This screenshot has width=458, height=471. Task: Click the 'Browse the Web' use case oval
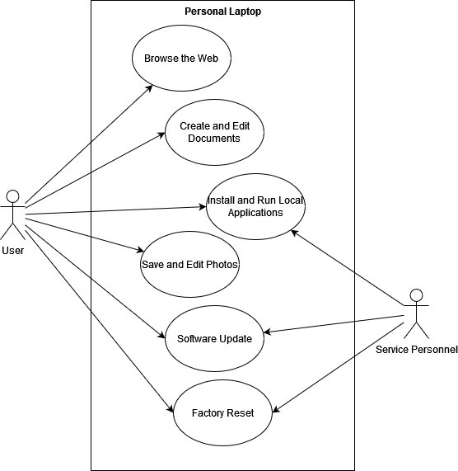click(x=181, y=59)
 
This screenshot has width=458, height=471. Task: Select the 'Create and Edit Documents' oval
click(x=214, y=132)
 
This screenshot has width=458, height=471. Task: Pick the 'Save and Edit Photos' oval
click(x=189, y=264)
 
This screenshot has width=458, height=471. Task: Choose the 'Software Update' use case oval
click(x=214, y=338)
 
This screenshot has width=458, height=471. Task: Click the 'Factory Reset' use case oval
click(x=222, y=412)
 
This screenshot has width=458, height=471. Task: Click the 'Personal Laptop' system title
click(x=222, y=11)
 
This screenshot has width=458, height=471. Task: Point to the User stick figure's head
click(x=12, y=195)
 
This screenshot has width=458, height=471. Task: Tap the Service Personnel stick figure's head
click(x=416, y=295)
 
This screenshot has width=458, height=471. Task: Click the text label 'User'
click(x=12, y=250)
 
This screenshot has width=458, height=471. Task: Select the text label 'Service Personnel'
click(x=416, y=350)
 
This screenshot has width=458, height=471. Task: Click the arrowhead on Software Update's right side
click(x=265, y=332)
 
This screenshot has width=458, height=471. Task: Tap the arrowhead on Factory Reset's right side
click(x=273, y=411)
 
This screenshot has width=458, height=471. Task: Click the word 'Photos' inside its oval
click(x=222, y=264)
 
